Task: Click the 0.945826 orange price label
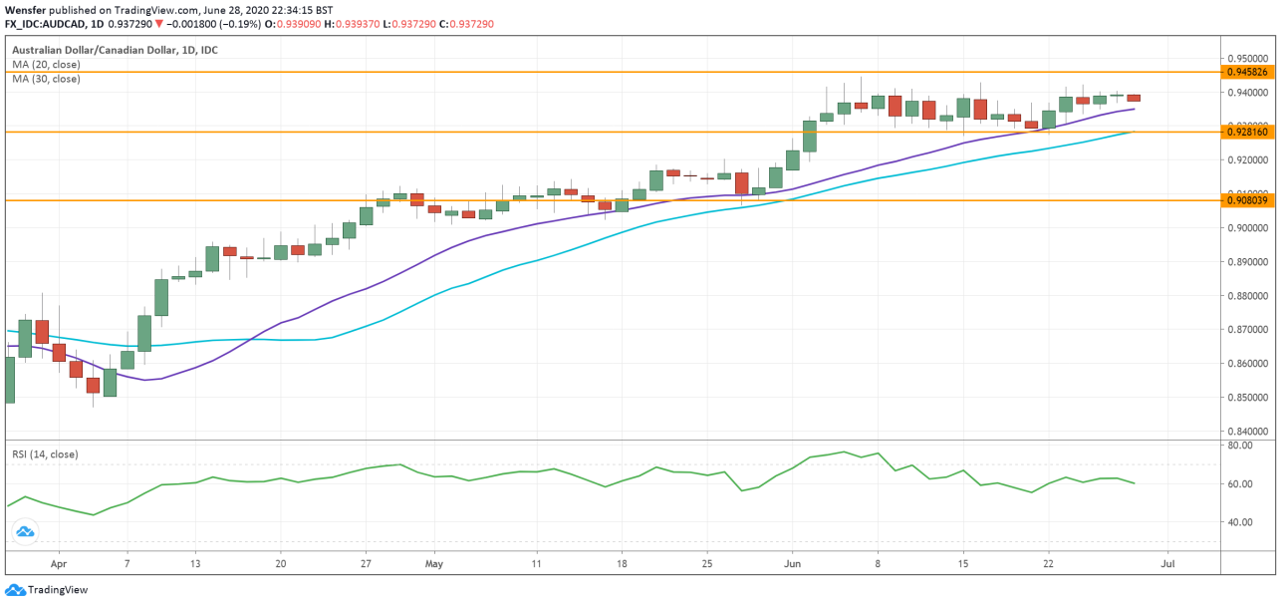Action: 1247,72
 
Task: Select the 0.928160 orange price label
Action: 1247,132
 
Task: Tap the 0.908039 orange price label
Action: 1247,200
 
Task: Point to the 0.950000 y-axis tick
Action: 1247,58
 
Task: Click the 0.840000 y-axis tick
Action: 1247,431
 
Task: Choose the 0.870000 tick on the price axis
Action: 1247,329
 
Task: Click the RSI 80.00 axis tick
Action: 1239,446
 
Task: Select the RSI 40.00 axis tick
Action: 1239,521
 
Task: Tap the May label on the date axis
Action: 433,563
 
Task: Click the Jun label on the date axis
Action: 792,563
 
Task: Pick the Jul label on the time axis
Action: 1167,563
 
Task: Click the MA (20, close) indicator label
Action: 46,64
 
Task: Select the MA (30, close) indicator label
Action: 46,79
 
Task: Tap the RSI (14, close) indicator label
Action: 45,454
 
